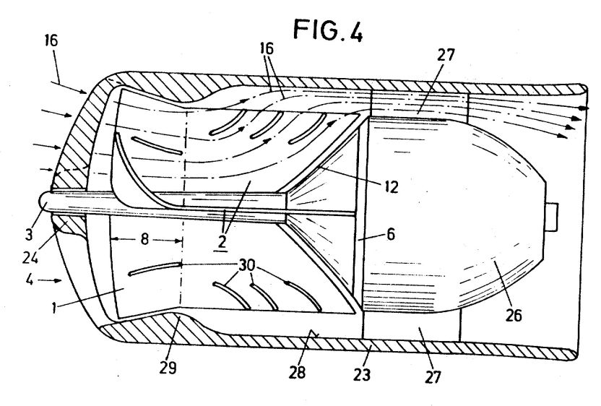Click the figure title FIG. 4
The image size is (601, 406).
click(328, 30)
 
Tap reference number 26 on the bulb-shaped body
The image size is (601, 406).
click(514, 315)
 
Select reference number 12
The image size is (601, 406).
click(391, 186)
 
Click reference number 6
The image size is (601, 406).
click(391, 233)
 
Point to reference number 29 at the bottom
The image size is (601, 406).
click(168, 368)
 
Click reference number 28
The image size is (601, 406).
click(298, 371)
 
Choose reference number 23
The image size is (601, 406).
click(362, 373)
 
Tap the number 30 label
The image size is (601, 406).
click(247, 265)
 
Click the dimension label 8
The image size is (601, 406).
click(144, 240)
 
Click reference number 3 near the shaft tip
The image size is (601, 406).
click(29, 233)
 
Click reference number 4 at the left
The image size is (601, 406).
click(30, 280)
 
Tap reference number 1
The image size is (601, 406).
click(54, 307)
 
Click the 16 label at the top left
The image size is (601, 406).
click(51, 40)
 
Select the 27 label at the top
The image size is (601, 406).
click(446, 55)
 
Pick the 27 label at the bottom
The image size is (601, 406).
click(433, 376)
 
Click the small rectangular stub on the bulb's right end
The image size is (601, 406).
click(552, 217)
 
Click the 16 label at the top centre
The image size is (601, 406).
click(267, 48)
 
